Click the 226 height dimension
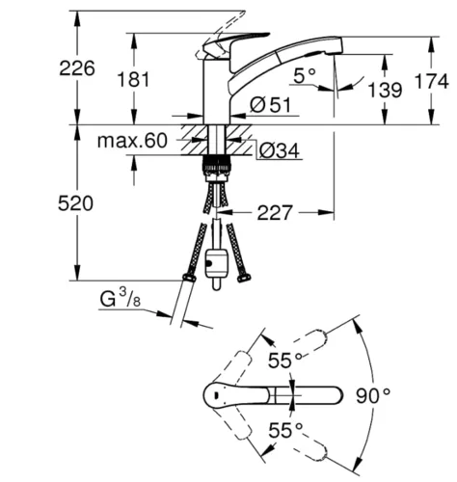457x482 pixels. click(77, 68)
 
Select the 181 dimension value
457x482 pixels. click(133, 79)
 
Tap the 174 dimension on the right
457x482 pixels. click(432, 81)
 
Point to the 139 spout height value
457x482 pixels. click(385, 90)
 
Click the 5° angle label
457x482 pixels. click(305, 76)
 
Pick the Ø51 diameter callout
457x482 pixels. click(270, 104)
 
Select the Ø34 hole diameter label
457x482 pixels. click(279, 150)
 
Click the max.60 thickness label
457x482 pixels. click(132, 141)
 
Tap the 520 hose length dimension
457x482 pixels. click(75, 203)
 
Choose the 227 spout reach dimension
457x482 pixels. click(275, 212)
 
